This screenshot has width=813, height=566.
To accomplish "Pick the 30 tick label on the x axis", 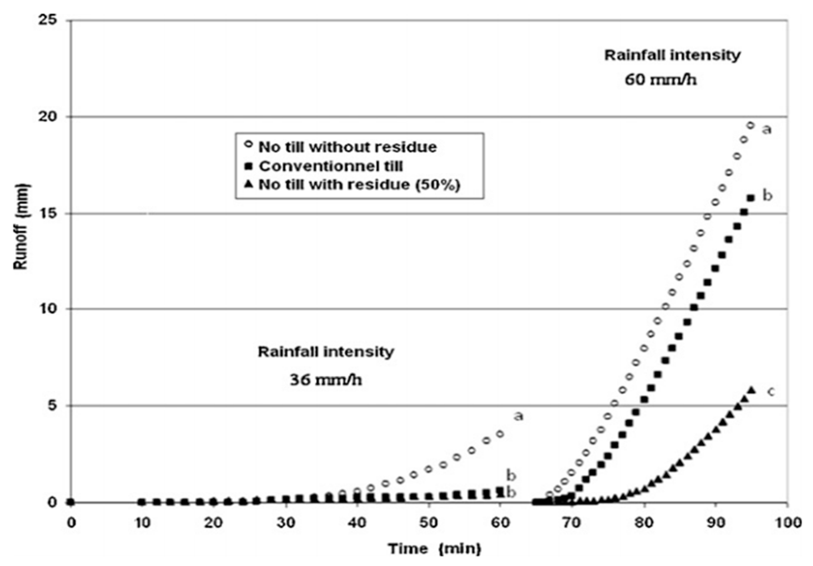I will point(286,523).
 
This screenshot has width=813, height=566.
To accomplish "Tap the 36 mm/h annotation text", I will point(326,380).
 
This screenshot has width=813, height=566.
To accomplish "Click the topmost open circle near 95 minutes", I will point(750,125).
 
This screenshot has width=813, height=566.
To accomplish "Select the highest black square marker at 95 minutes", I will point(751,198).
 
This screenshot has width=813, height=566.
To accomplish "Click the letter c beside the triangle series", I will point(771,392).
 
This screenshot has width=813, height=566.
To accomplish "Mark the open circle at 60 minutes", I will point(500,434).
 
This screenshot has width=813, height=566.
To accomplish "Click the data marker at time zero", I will point(71,502).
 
